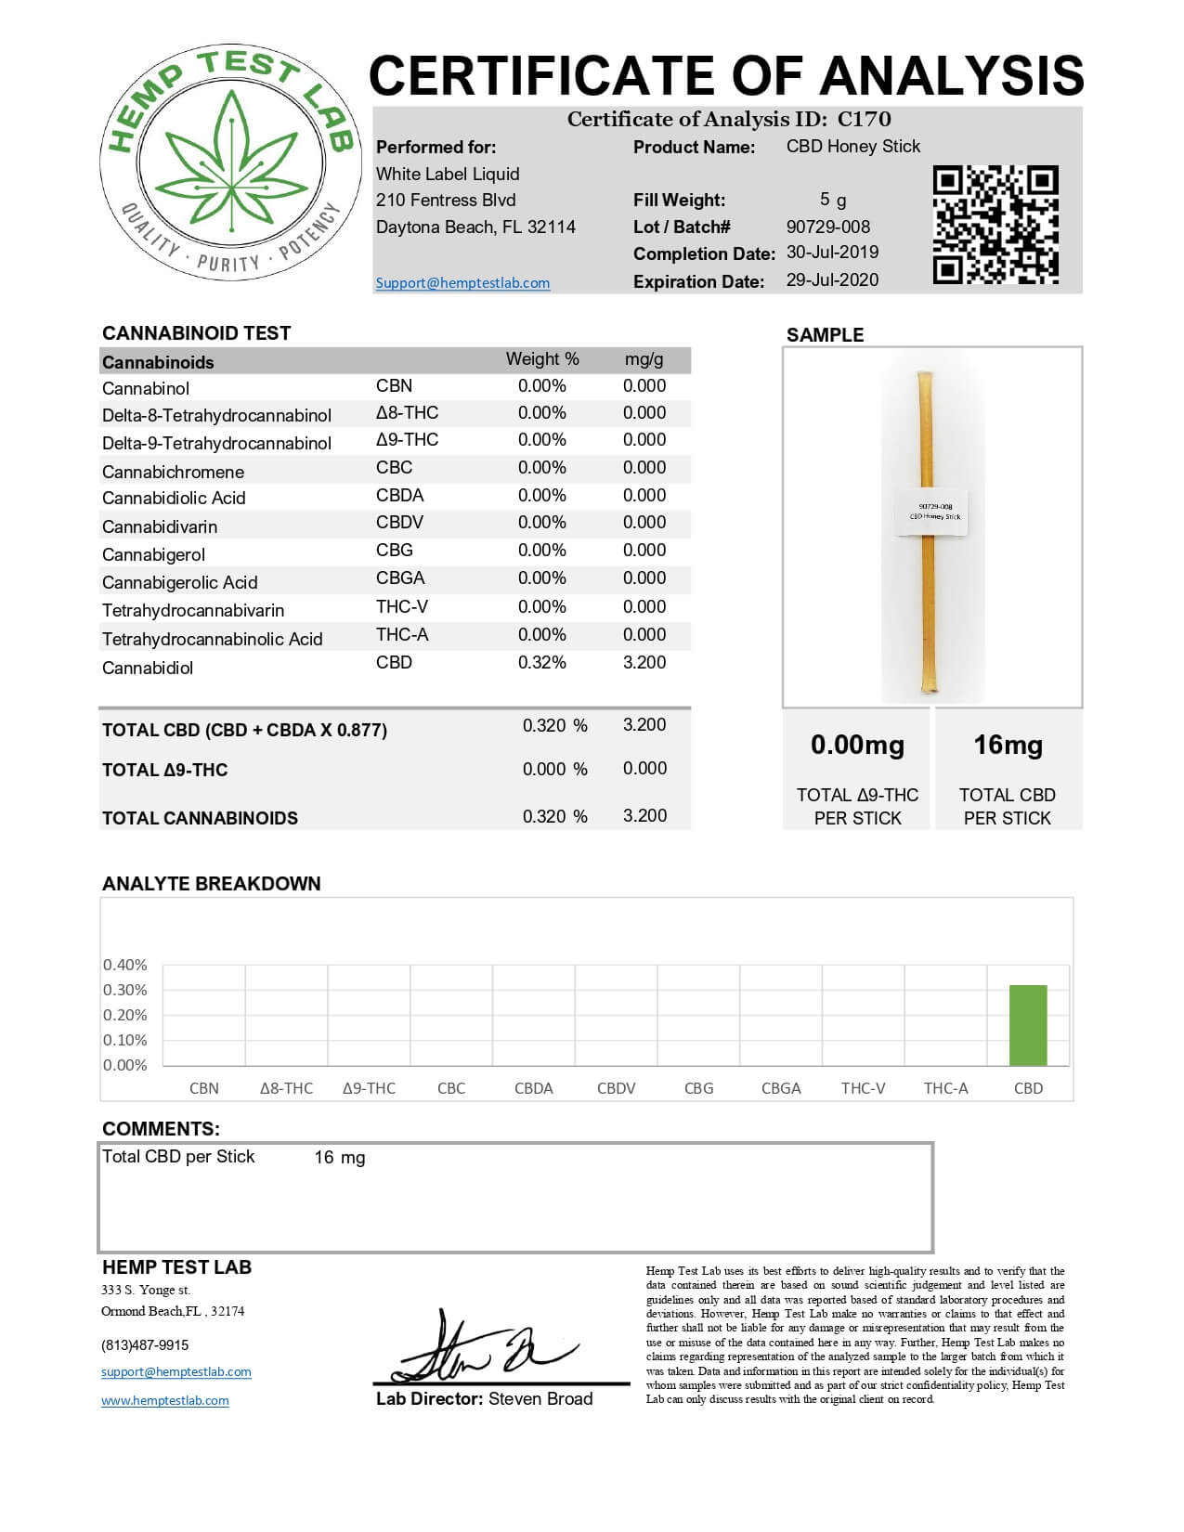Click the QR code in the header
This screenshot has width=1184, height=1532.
pyautogui.click(x=995, y=225)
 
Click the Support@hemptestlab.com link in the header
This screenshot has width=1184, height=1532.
pyautogui.click(x=462, y=283)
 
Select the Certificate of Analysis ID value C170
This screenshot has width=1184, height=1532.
pyautogui.click(x=864, y=120)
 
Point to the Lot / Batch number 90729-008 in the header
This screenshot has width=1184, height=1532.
pyautogui.click(x=828, y=227)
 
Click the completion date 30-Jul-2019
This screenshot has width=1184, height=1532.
pyautogui.click(x=832, y=253)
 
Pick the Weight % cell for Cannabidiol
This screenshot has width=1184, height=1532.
pyautogui.click(x=542, y=663)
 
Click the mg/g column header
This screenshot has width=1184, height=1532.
pyautogui.click(x=644, y=359)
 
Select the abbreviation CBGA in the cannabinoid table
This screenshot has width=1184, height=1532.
pyautogui.click(x=400, y=578)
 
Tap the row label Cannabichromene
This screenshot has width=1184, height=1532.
pyautogui.click(x=174, y=472)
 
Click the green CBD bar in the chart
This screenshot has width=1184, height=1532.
pyautogui.click(x=1028, y=1025)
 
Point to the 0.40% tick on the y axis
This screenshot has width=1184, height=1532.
pyautogui.click(x=125, y=966)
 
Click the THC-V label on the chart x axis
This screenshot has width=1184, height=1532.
pyautogui.click(x=864, y=1088)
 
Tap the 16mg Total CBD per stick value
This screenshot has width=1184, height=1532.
pyautogui.click(x=1008, y=746)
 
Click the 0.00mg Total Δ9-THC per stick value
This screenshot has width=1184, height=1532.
pyautogui.click(x=857, y=746)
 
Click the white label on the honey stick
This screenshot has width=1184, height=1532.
pyautogui.click(x=932, y=513)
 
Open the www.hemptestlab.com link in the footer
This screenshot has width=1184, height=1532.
pyautogui.click(x=165, y=1401)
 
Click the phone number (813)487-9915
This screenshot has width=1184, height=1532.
pyautogui.click(x=145, y=1345)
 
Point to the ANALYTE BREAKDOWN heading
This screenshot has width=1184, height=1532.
pyautogui.click(x=212, y=884)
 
